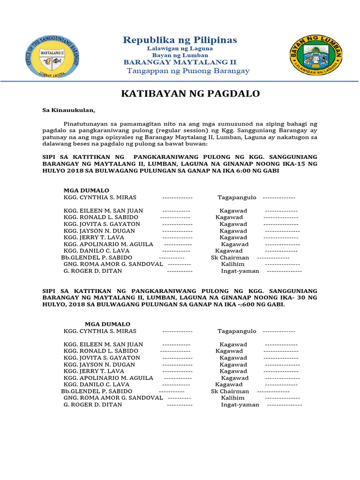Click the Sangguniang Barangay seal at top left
point(52,56)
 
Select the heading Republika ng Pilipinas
point(180,40)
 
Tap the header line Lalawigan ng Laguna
point(180,48)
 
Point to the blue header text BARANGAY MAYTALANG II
point(180,62)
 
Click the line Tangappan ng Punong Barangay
point(189,71)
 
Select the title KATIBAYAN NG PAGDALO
point(190,94)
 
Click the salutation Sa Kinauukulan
point(68,111)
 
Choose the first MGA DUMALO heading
point(86,191)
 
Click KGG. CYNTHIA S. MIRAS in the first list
point(100,198)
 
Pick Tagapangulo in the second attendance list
point(237,331)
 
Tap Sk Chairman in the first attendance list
point(230,258)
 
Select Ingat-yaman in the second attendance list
point(240,405)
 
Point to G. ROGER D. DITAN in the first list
point(93,271)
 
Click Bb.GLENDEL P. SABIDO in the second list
point(97,391)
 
